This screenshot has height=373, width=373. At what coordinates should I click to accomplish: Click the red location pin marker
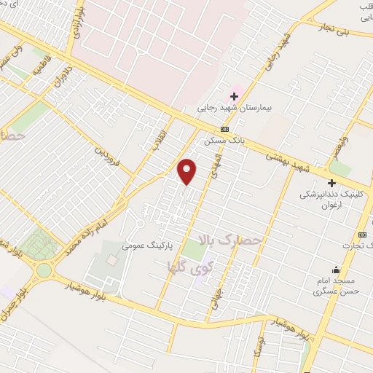(x=187, y=170)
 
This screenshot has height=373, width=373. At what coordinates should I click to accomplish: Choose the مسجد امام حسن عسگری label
(x=335, y=286)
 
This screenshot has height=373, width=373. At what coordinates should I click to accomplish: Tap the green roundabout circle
(x=44, y=271)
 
